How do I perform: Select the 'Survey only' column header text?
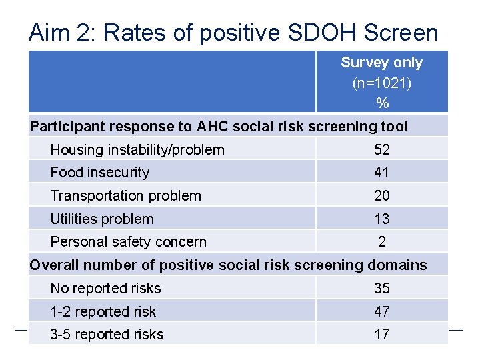[381, 63]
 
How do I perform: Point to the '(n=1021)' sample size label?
[381, 83]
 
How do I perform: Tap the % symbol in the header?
[382, 103]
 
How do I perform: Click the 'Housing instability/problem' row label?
[137, 149]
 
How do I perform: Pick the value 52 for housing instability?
[382, 149]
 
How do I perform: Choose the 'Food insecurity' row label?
[100, 173]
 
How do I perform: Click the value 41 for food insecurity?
[382, 173]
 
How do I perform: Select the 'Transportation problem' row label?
[125, 196]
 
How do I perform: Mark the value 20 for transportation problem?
[382, 196]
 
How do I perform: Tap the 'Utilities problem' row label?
[102, 219]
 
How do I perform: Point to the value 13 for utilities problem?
[382, 219]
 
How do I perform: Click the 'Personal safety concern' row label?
[129, 242]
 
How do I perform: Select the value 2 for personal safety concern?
[382, 242]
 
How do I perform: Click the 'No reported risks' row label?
[105, 289]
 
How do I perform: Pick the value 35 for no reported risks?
[382, 289]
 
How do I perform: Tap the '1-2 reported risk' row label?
[103, 312]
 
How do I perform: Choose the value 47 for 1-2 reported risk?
[382, 312]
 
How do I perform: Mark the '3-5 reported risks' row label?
[107, 335]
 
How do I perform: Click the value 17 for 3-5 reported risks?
[382, 335]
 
